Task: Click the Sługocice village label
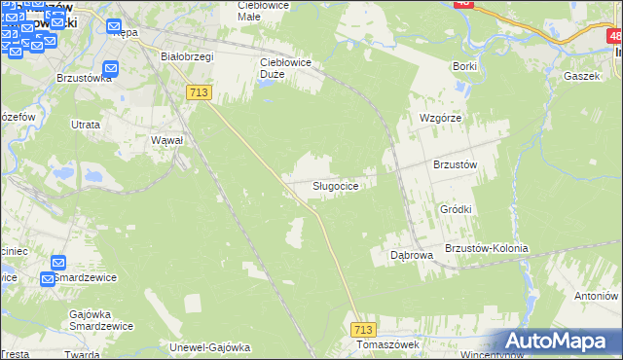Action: pos(340,185)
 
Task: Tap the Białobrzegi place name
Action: pos(187,56)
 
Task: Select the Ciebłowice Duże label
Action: pos(284,62)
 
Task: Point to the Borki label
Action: pos(464,66)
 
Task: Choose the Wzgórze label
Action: pos(439,117)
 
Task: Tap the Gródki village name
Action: pos(456,209)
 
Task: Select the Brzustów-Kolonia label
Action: pos(486,248)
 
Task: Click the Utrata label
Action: pos(86,125)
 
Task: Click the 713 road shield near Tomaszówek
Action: pos(363,331)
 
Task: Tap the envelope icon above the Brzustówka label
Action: pos(111,68)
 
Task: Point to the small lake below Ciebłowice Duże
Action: pos(267,80)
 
